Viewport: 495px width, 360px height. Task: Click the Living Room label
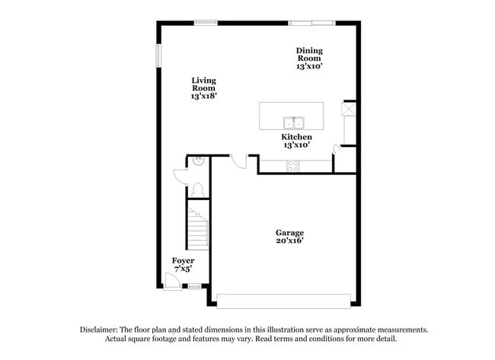point(204,88)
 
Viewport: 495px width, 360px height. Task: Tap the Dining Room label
point(309,59)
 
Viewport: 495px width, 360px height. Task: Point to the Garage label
point(289,237)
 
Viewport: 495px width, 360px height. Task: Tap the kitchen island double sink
point(294,123)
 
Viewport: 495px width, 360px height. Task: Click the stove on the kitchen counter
point(293,166)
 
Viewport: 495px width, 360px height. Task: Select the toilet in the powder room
point(198,190)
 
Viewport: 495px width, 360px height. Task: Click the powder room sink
point(199,161)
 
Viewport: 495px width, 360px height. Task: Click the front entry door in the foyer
point(172,281)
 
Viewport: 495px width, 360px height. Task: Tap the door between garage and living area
point(238,161)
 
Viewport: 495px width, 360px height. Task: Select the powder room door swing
point(180,177)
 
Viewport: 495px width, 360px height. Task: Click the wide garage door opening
point(283,301)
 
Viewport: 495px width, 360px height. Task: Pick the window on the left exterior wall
point(158,56)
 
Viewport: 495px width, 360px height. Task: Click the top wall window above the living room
point(206,23)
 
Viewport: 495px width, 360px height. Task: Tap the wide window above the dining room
point(312,23)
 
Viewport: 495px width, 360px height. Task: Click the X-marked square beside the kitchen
point(349,109)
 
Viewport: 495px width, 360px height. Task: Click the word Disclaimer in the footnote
point(99,330)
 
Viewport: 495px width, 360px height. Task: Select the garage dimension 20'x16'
point(289,241)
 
